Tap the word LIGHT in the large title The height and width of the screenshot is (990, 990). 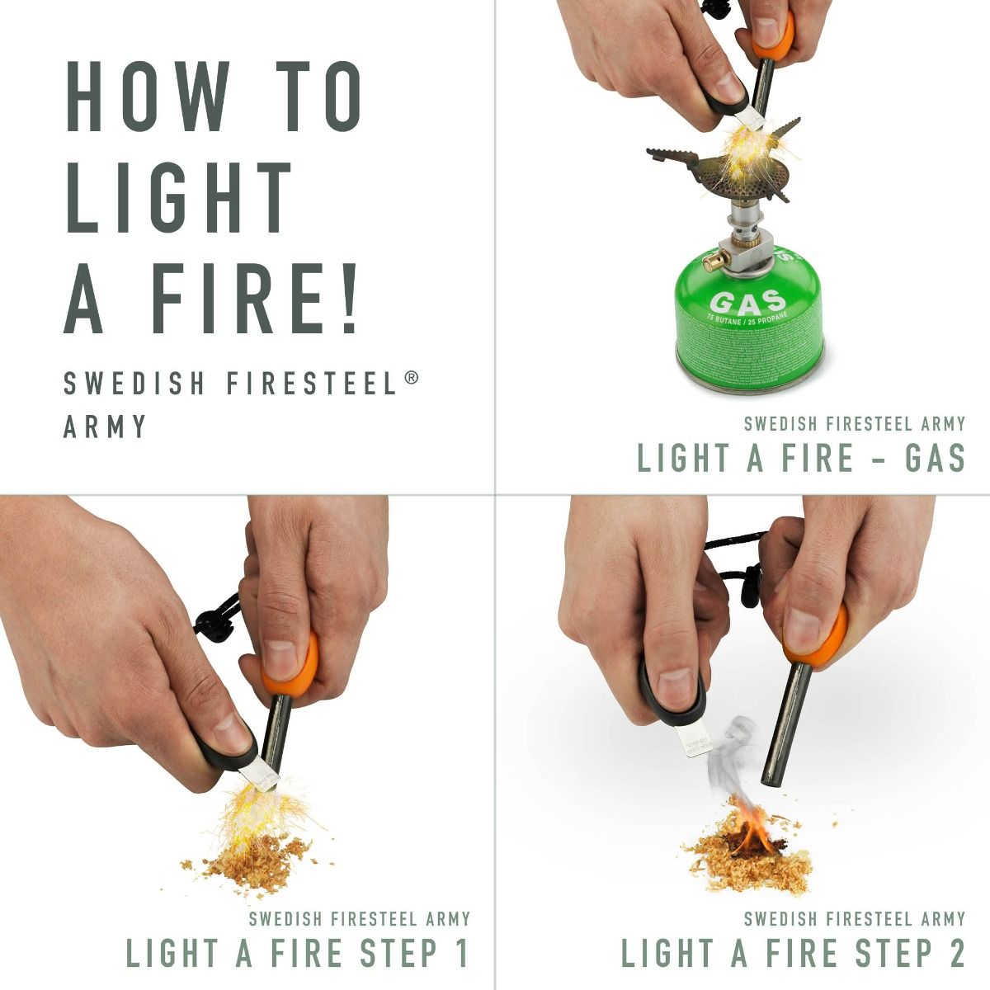[180, 198]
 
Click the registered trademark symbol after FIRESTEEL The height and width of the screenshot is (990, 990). [411, 378]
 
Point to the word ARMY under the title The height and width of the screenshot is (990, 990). [106, 427]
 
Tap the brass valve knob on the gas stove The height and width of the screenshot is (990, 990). [708, 262]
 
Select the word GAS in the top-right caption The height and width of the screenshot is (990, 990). [934, 458]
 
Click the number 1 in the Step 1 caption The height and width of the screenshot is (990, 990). [460, 953]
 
